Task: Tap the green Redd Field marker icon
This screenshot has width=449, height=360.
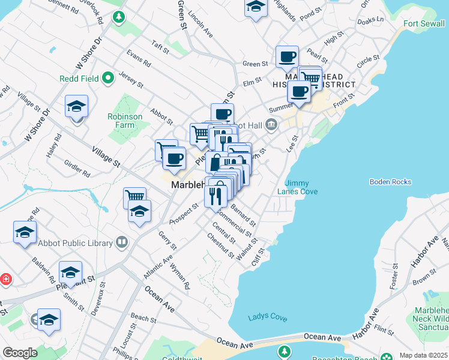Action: coord(109,78)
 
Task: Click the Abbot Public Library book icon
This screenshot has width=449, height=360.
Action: coord(122,242)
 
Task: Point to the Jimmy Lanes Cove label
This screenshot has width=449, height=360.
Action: coord(301,187)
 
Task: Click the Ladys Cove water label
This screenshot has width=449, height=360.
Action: coord(267,317)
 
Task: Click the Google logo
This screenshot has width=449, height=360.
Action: coord(20,353)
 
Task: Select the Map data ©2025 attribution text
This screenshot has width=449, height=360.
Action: coord(423,355)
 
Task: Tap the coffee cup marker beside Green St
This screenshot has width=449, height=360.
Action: coord(287,57)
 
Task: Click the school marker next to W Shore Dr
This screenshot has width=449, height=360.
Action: coord(77,106)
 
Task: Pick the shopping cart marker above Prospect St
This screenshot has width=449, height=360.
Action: coord(135,196)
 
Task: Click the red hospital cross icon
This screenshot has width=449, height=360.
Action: coord(5,279)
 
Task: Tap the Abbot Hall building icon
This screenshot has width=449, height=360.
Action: coord(271,125)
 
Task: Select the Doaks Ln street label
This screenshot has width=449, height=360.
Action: coord(370,20)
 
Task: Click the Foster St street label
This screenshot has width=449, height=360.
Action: coord(394,277)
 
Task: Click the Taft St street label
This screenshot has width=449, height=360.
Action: coord(161,46)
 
